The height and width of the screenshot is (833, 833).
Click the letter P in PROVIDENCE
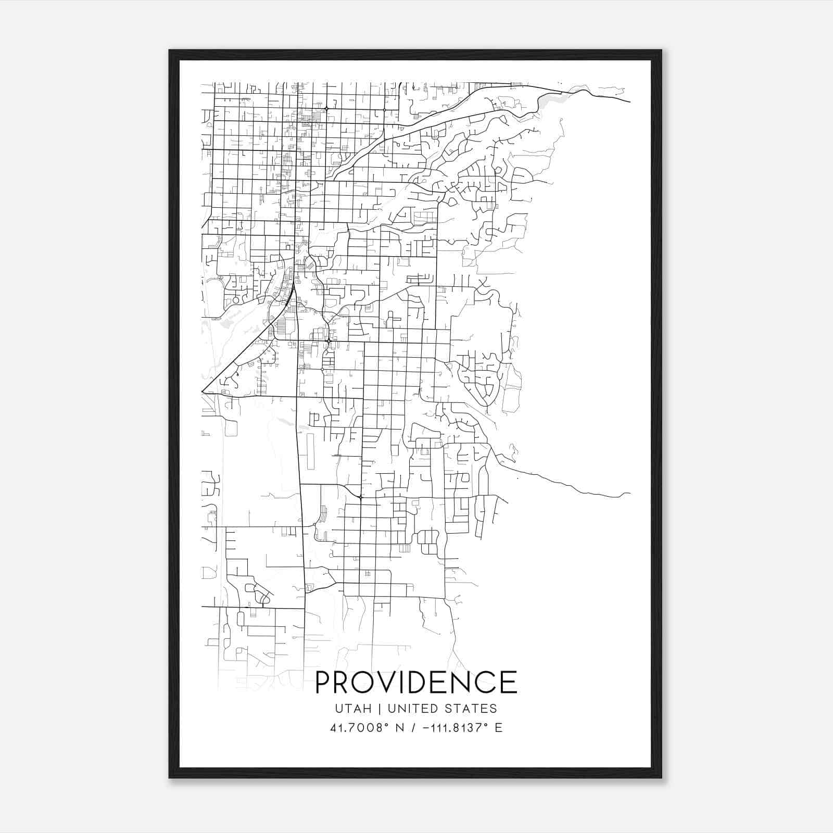point(325,683)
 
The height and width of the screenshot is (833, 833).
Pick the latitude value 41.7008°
point(360,728)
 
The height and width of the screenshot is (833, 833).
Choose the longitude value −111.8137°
point(452,728)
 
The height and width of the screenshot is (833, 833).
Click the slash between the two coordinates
point(413,728)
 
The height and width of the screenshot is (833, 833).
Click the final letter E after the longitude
point(499,728)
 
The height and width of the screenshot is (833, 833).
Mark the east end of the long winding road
point(630,493)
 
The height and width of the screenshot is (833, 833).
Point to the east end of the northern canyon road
point(630,102)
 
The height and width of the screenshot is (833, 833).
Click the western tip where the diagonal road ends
point(202,392)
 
